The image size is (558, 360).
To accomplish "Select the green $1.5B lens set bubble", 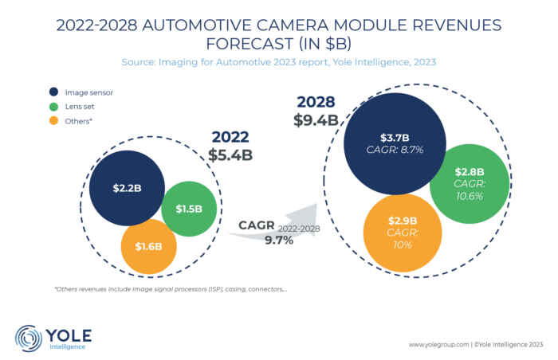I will tap(189, 209).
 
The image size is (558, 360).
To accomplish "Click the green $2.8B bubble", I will tap(469, 182).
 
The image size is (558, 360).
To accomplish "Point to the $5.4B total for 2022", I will tap(230, 155).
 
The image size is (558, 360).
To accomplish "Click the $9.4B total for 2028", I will tap(318, 120).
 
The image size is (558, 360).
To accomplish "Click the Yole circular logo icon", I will tap(29, 337).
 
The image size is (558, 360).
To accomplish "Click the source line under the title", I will tap(278, 61).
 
